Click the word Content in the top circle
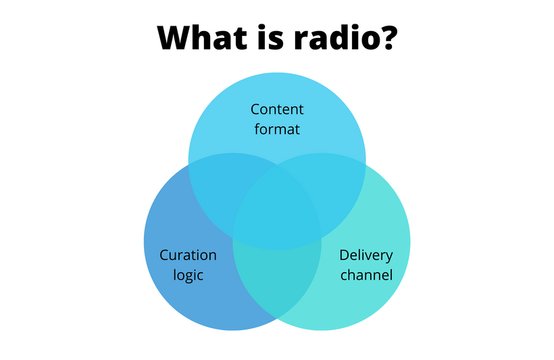(277, 109)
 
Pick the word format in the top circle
(277, 129)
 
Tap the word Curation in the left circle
(188, 255)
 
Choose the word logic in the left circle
(188, 275)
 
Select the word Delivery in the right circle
(366, 256)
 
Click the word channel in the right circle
(366, 275)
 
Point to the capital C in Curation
(164, 255)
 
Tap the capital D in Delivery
(345, 255)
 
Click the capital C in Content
(255, 109)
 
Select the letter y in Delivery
(388, 258)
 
